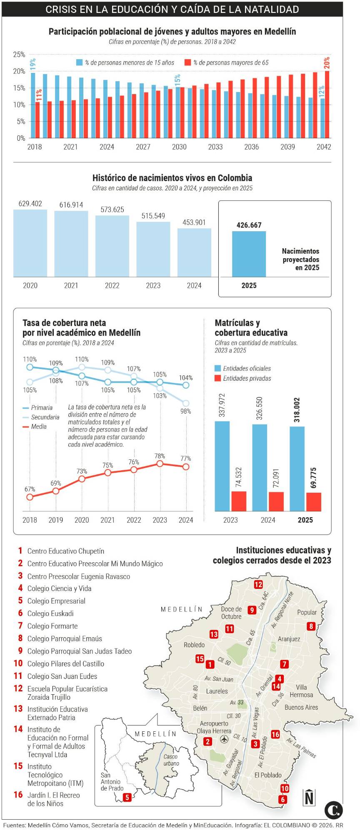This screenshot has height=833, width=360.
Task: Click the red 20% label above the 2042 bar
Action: click(x=327, y=63)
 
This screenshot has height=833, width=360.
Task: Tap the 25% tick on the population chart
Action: click(x=19, y=55)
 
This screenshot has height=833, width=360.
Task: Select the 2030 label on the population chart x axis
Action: click(x=179, y=147)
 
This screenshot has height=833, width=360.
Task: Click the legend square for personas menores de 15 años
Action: click(x=79, y=62)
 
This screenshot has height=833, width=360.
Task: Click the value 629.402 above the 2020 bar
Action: click(x=30, y=204)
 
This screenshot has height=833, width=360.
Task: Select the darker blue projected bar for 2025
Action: click(x=249, y=254)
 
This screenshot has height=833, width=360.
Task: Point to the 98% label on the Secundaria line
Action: click(x=186, y=411)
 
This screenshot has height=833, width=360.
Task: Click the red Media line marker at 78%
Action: click(x=160, y=464)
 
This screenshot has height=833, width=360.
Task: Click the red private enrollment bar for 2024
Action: click(x=276, y=501)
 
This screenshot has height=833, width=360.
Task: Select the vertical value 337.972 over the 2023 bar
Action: click(x=222, y=405)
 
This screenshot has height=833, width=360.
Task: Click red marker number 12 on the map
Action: click(x=258, y=584)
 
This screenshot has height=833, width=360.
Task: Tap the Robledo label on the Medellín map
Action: click(x=194, y=645)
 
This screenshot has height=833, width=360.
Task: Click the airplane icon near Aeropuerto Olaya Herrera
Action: click(x=224, y=739)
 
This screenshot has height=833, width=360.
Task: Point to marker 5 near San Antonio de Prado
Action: click(x=127, y=797)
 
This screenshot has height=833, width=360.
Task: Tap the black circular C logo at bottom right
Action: click(x=333, y=810)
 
